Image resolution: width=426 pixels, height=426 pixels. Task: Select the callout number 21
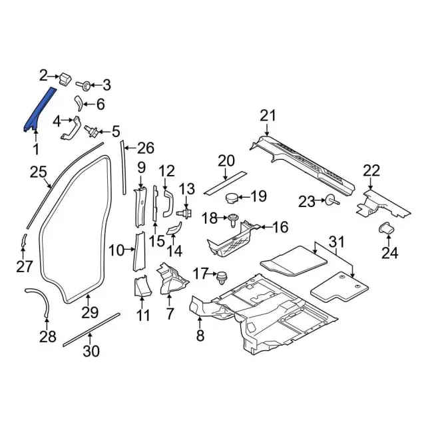pyautogui.click(x=267, y=116)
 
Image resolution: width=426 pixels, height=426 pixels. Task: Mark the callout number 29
pyautogui.click(x=90, y=312)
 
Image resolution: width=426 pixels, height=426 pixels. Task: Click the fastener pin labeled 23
pyautogui.click(x=330, y=200)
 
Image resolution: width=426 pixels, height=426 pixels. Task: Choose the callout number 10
pyautogui.click(x=116, y=250)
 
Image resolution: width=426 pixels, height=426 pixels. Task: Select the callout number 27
pyautogui.click(x=24, y=267)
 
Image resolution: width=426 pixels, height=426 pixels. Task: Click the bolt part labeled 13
pyautogui.click(x=186, y=213)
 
